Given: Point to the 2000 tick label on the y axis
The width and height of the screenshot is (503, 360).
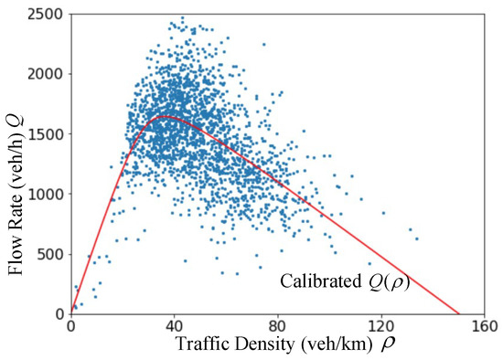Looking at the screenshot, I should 48,74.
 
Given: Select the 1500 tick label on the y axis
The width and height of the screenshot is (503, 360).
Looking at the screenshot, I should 48,134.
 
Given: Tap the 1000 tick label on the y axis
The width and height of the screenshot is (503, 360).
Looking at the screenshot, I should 48,194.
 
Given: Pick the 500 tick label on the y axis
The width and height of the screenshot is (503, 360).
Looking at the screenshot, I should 53,254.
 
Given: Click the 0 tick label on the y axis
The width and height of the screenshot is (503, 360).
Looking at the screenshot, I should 61,313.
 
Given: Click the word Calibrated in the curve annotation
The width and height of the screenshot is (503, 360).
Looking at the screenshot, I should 317,282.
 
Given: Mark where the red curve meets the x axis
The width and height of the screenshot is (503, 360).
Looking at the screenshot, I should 459,313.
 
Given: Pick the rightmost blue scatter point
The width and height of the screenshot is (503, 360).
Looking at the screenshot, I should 417,239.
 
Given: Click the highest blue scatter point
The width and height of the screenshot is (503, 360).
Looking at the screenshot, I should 182,17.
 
